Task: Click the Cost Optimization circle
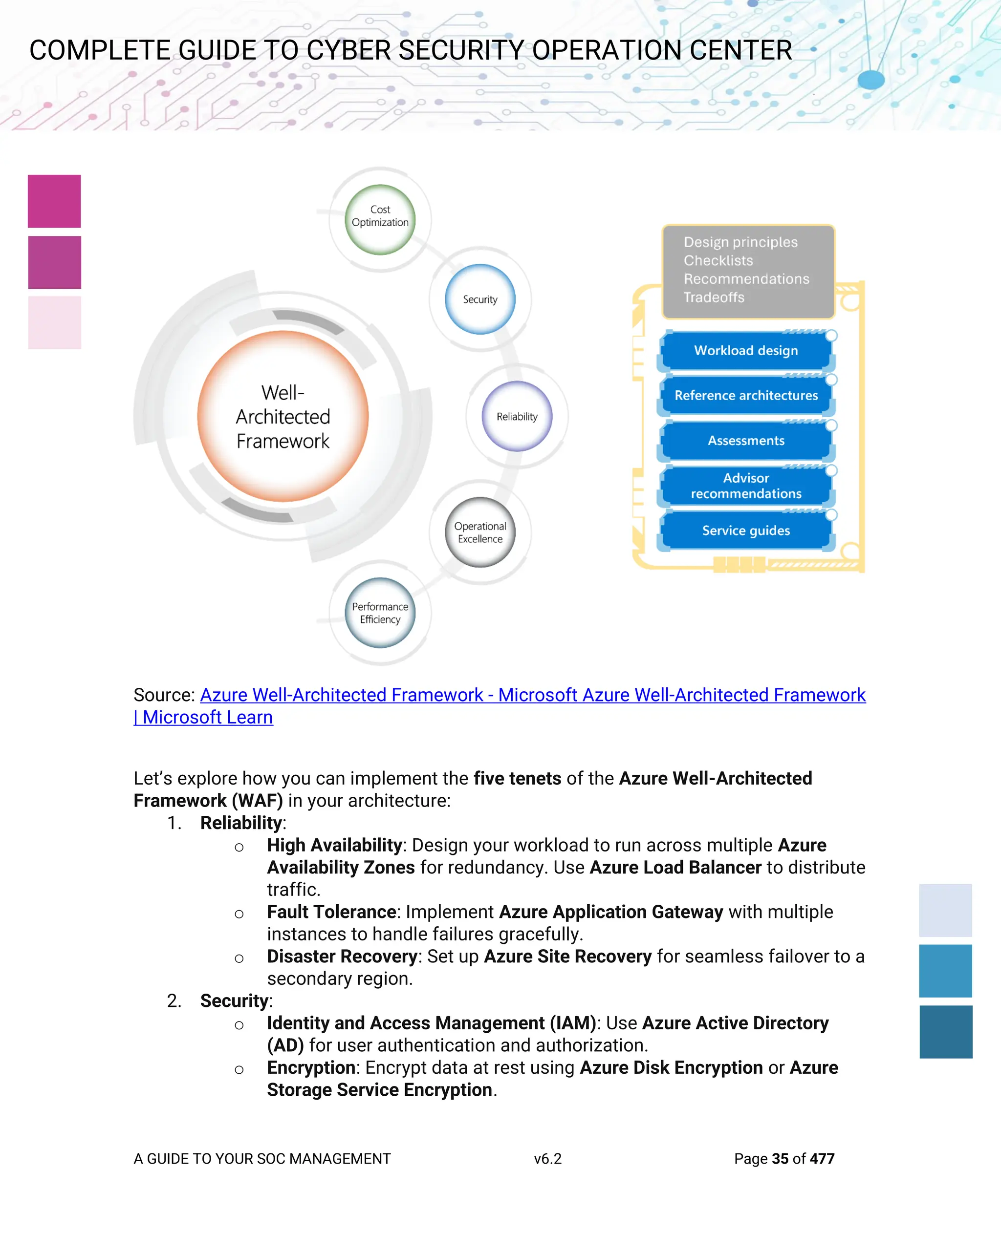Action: coord(380,220)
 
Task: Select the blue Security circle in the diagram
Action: coord(480,299)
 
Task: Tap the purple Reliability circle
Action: coord(517,416)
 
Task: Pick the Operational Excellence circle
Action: coord(480,532)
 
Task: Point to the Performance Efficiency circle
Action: coord(380,613)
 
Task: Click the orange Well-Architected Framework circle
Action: coord(283,416)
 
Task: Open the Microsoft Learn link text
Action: coord(208,717)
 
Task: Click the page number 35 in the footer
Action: coord(780,1158)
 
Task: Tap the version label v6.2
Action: coord(547,1158)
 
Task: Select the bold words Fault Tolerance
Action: coord(331,912)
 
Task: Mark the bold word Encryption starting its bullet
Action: coord(311,1067)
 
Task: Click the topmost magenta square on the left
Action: coord(54,201)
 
